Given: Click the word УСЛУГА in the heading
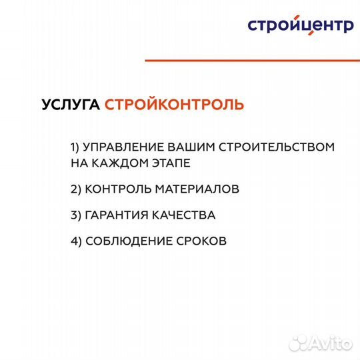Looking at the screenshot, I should [x=71, y=105].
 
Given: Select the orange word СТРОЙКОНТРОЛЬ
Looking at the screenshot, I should [x=174, y=105].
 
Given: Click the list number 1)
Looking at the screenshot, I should [x=75, y=147].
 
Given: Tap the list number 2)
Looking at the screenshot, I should [x=75, y=189].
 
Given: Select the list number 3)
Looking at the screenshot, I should [x=75, y=215].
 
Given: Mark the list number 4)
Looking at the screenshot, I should [x=75, y=241].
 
